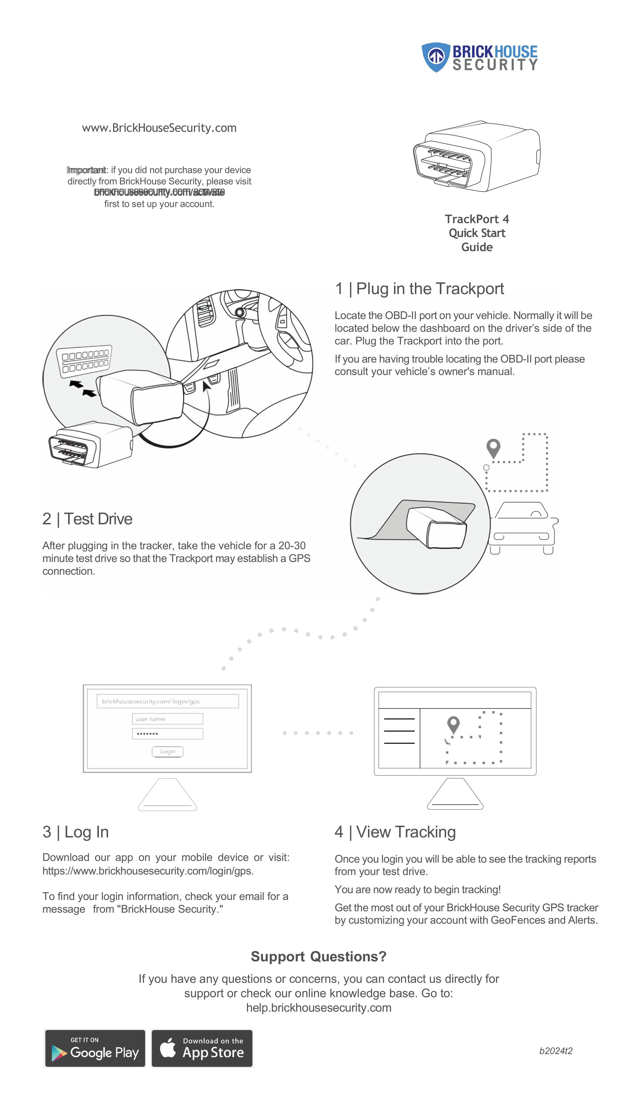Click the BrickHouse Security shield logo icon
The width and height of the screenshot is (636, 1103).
click(436, 57)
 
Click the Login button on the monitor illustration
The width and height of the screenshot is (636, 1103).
click(167, 751)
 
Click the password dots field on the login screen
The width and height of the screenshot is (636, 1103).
click(167, 733)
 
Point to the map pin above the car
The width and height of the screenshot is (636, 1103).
click(493, 448)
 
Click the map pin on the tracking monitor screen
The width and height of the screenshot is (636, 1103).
click(453, 724)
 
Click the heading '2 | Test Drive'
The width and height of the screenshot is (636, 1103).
click(87, 519)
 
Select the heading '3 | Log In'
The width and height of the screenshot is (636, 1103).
click(75, 831)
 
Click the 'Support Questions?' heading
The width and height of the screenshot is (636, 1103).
click(319, 956)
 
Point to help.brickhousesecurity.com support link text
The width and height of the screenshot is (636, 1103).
click(319, 1007)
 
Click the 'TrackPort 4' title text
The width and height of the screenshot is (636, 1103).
click(477, 219)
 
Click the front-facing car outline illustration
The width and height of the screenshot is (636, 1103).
click(522, 529)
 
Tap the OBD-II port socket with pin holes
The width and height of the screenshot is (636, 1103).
click(84, 361)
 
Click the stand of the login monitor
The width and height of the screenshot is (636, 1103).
click(167, 794)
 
